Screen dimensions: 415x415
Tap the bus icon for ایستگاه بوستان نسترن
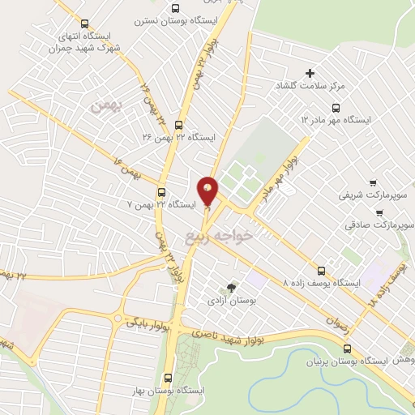click(x=175, y=8)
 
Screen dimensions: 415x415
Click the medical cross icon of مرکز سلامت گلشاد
click(x=310, y=74)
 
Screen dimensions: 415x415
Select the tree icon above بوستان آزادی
click(x=233, y=288)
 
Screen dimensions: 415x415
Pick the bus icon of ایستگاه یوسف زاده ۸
click(x=322, y=271)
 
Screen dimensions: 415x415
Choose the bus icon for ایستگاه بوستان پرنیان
click(x=347, y=349)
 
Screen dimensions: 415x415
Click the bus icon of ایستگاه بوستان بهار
click(x=168, y=378)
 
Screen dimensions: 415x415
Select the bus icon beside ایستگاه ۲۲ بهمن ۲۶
click(x=178, y=124)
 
